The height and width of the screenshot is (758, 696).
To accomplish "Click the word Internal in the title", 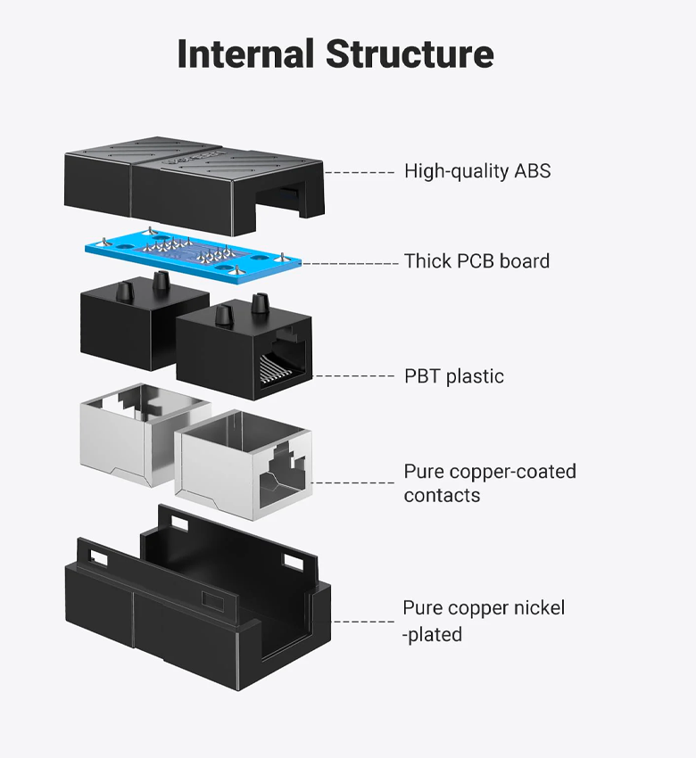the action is coord(245,54).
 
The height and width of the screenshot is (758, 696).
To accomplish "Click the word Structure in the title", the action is coord(410,54).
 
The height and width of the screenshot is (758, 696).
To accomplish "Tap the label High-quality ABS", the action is coord(477,171).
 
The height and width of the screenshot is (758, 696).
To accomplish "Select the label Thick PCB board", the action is coord(476,261).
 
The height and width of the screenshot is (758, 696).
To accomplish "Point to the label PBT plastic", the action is coord(453,376).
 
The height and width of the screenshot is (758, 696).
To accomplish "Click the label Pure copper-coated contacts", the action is coord(490,483).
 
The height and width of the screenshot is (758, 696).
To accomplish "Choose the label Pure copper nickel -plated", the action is coord(484,621).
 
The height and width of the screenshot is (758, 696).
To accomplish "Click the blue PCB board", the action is coord(193,255).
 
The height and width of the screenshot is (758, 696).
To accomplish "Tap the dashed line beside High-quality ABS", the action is coord(360,172).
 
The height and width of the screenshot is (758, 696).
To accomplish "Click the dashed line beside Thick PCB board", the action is coord(350,263).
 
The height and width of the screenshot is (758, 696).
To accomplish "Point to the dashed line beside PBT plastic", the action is coord(354,375).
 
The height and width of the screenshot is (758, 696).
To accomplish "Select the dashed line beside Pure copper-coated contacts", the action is coord(353,482).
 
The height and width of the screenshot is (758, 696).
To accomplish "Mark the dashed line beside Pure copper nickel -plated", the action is coord(363,622).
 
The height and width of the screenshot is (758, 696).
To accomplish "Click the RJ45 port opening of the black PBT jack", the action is coord(283,361).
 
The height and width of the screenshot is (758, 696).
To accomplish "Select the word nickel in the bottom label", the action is coord(539,607).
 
